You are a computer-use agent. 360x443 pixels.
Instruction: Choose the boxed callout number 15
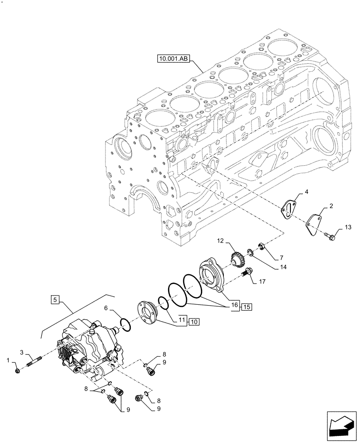(x=246, y=306)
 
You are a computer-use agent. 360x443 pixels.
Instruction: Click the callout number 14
(x=282, y=268)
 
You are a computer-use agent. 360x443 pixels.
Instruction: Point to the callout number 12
(x=221, y=241)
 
